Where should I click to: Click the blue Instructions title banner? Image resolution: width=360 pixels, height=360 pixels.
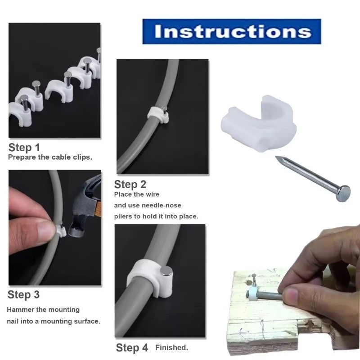(232, 31)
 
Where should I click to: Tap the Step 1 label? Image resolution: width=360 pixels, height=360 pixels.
(24, 148)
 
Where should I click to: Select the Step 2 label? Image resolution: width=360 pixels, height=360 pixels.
(130, 184)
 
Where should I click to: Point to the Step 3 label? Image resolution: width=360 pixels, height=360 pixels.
(23, 295)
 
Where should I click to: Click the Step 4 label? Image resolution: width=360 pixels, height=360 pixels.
(132, 347)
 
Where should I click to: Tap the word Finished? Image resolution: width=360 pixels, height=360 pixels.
(171, 347)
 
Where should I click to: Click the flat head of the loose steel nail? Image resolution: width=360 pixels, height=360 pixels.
(344, 193)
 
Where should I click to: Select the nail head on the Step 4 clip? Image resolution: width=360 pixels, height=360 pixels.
(166, 271)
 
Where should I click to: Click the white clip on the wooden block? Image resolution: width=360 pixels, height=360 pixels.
(252, 293)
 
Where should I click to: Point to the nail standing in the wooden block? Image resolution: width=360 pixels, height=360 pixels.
(254, 280)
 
